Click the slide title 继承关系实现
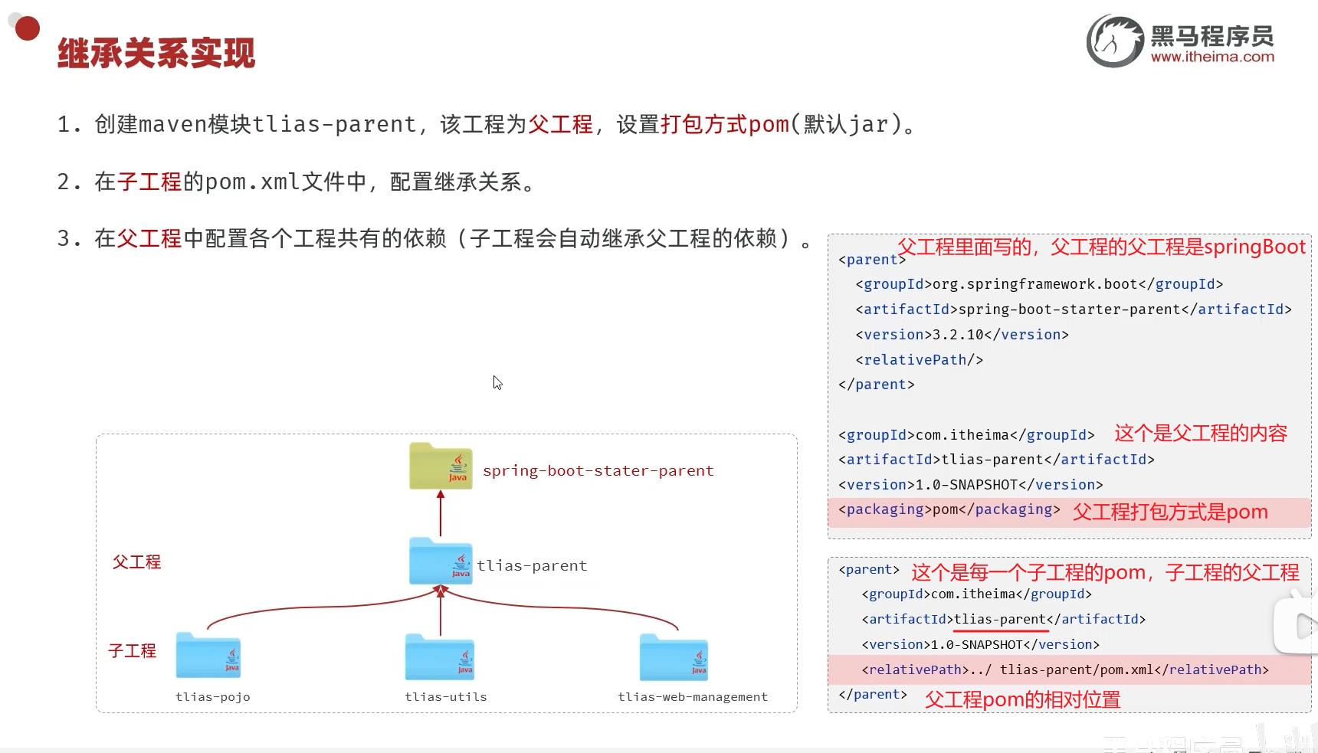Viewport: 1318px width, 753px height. [x=156, y=54]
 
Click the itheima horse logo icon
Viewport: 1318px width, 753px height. [x=1115, y=41]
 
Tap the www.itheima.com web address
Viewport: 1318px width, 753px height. [x=1212, y=57]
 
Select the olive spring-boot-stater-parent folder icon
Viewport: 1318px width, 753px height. [x=441, y=466]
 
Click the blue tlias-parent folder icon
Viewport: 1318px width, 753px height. [x=441, y=561]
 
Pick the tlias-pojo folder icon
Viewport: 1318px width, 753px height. [x=208, y=656]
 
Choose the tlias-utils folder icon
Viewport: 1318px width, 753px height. [x=440, y=657]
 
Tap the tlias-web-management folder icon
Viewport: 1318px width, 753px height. [x=674, y=657]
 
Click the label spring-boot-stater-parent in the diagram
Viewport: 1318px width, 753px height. [x=598, y=470]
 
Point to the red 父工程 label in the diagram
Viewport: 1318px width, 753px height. [x=136, y=562]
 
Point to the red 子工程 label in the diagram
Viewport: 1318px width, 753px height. [x=132, y=651]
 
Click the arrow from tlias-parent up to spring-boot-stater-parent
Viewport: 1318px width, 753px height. [x=441, y=513]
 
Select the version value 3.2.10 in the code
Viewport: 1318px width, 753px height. [x=958, y=335]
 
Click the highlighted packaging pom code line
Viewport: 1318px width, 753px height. [x=949, y=510]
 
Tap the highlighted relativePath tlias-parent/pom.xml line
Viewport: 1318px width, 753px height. [x=1064, y=670]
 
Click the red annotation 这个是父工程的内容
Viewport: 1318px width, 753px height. [x=1200, y=434]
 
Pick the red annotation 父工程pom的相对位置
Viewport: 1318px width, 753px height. [x=1022, y=699]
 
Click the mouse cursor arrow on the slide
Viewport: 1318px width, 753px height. [x=497, y=382]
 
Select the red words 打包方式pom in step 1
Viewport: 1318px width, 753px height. [x=724, y=124]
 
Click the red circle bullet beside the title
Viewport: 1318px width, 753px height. [x=28, y=29]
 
